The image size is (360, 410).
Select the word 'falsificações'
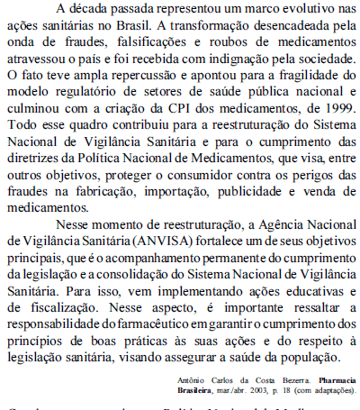[133, 42]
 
